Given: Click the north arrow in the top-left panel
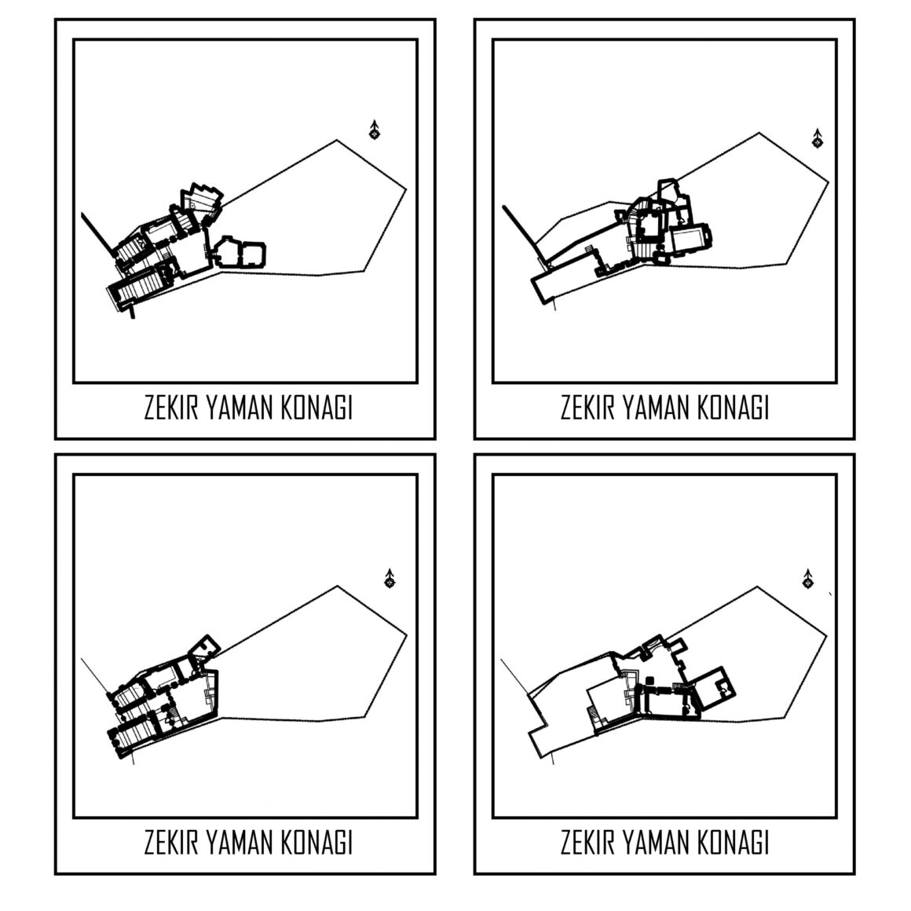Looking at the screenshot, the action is [375, 130].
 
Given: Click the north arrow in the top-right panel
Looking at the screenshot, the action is [818, 139].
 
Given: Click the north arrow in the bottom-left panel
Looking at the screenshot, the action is [390, 578].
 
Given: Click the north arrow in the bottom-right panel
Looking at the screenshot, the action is [807, 579].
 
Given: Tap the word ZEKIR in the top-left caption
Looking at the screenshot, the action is [171, 408].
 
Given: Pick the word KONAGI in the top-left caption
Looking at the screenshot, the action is [316, 408].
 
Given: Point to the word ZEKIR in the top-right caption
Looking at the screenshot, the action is [588, 408].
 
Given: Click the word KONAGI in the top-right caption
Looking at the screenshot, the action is [734, 408].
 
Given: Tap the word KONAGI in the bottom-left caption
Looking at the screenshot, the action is [316, 843].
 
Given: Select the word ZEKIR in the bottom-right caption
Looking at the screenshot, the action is [588, 843].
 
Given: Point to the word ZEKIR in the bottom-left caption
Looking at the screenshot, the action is [171, 843].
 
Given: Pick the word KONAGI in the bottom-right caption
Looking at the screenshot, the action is [734, 843].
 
